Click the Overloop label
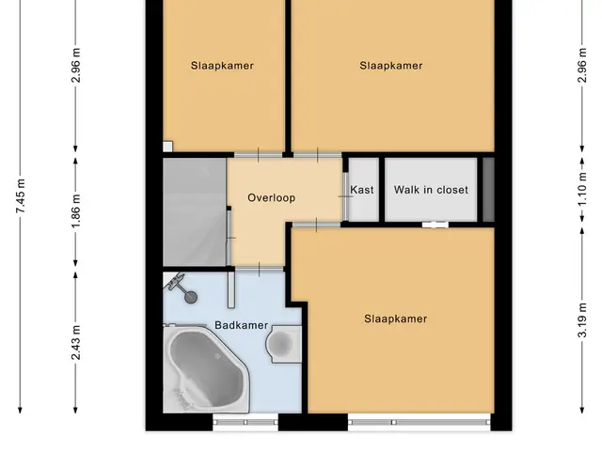pos(272,198)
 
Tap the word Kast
pos(361,190)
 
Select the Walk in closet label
pos(431,190)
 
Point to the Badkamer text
pos(241,325)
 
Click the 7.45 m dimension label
pos(21,196)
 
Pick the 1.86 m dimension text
pos(75,210)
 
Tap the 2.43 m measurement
pos(75,342)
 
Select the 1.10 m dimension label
pos(582,189)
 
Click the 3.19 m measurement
pos(582,320)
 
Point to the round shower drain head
pos(191,297)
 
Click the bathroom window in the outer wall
pos(246,422)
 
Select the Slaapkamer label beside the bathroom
pos(395,319)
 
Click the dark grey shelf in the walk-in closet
pos(488,190)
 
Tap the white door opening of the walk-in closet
pos(435,225)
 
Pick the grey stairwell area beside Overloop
pos(195,211)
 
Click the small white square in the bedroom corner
pos(167,147)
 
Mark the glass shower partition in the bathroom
pos(231,289)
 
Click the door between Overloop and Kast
pos(345,196)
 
